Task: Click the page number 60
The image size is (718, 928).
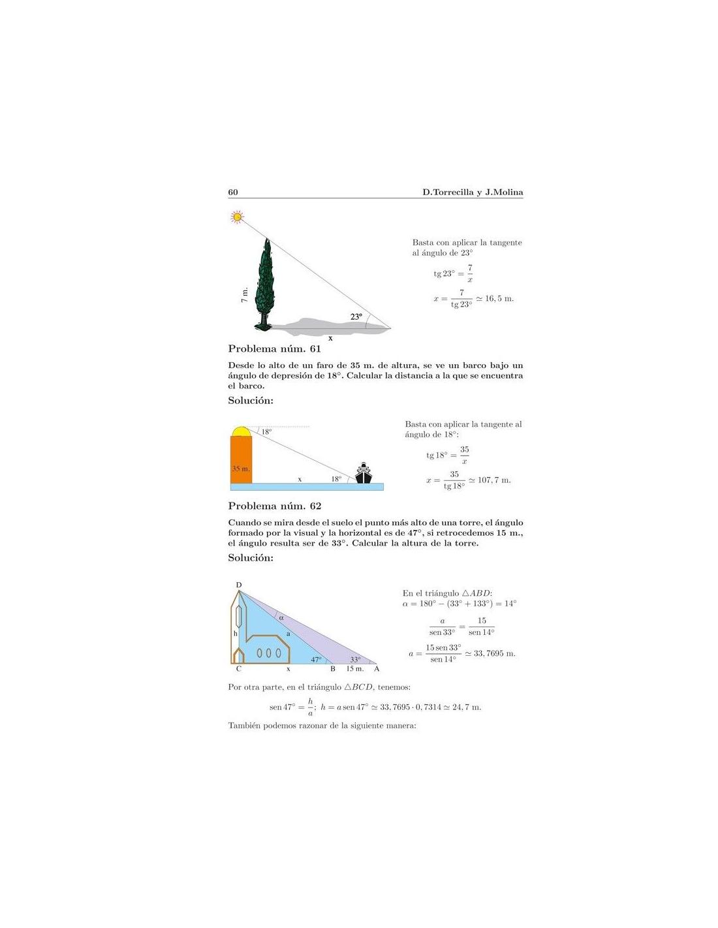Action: coord(233,192)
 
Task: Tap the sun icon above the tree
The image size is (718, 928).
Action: coord(237,217)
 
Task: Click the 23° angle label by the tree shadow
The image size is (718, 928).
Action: coord(356,317)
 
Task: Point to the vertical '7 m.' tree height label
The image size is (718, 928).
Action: coord(244,296)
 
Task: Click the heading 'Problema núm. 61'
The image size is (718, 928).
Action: coord(274,349)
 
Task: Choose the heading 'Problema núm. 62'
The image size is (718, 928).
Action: coord(274,506)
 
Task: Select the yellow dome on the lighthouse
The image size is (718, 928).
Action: coord(241,431)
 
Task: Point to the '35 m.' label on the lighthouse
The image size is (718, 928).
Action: coord(240,469)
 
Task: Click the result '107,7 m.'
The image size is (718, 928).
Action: coord(494,480)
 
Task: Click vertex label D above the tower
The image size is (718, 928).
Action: coord(238,585)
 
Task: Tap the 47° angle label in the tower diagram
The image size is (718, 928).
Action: coord(316,659)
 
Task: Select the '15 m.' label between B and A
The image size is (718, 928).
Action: coord(354,669)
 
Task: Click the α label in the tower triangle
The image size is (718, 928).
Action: coord(281,617)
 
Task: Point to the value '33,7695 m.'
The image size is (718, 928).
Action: coord(494,653)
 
